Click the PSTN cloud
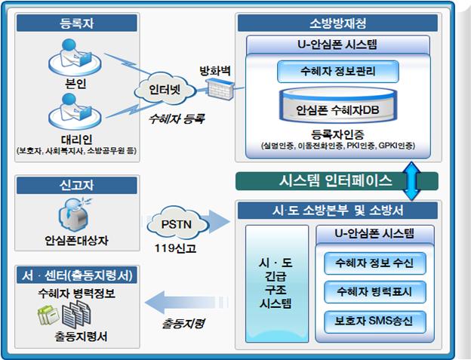(176, 224)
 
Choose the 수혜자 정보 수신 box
(374, 263)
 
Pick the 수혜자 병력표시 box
(374, 291)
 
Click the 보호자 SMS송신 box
(374, 319)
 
